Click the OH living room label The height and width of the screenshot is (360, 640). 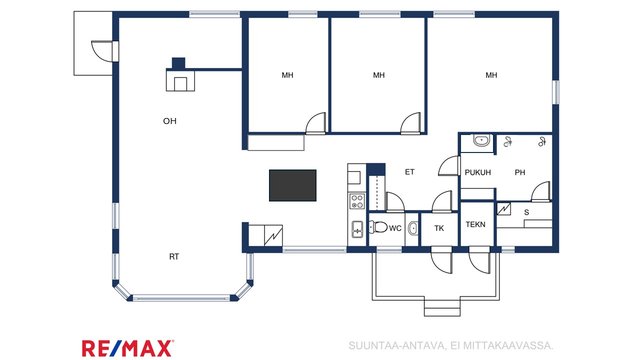(x=170, y=121)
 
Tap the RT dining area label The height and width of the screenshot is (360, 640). (x=174, y=257)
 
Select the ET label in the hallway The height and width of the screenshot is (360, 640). (x=410, y=172)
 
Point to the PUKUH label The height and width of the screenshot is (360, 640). (x=478, y=173)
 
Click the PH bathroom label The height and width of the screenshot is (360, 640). (x=520, y=173)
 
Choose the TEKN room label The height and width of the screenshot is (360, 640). (x=476, y=224)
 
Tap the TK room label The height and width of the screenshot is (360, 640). (x=439, y=229)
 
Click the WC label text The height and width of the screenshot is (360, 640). (x=395, y=229)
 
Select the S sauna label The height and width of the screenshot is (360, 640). (x=527, y=212)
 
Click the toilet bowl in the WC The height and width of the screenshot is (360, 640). (x=378, y=227)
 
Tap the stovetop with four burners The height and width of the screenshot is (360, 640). (x=357, y=201)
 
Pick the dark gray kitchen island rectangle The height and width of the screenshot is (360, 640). (x=293, y=185)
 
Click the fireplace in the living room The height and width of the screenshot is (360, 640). (x=180, y=77)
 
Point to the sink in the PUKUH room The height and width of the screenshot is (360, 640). (x=482, y=141)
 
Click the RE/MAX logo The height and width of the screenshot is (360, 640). (x=128, y=348)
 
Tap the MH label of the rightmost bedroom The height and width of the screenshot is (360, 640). (x=491, y=75)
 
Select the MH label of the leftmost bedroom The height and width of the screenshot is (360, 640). (x=287, y=75)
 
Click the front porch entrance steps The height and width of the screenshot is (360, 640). (x=442, y=306)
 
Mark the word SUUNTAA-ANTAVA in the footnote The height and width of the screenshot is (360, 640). (x=396, y=346)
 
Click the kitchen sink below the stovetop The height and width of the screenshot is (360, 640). (x=357, y=229)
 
